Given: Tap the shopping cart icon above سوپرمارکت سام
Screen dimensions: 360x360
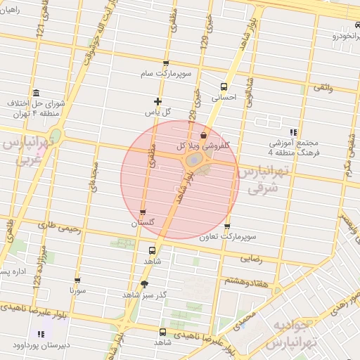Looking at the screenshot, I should pyautogui.click(x=166, y=63).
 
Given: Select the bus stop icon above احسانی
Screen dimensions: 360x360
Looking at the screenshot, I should pyautogui.click(x=224, y=81).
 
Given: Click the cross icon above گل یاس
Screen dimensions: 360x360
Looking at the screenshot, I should pyautogui.click(x=158, y=101).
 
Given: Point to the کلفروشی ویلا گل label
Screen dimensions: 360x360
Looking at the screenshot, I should pyautogui.click(x=204, y=146).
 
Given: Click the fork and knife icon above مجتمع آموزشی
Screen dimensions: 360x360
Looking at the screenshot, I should pyautogui.click(x=294, y=131).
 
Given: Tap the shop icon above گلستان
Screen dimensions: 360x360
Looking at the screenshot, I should pyautogui.click(x=143, y=212).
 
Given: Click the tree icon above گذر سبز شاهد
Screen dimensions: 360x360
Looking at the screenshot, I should pyautogui.click(x=144, y=284).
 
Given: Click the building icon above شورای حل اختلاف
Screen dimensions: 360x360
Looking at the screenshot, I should pyautogui.click(x=36, y=93).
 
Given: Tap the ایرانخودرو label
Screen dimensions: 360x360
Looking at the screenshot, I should pyautogui.click(x=340, y=34).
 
